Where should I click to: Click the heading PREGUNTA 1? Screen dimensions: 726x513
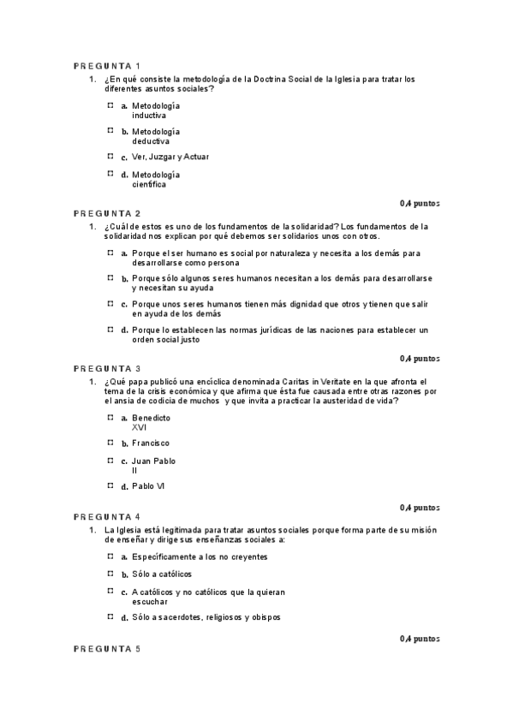point(107,66)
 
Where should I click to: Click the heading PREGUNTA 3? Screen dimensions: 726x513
point(107,369)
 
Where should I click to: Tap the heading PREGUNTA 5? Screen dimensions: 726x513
point(107,649)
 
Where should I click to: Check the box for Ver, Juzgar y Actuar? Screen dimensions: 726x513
point(110,157)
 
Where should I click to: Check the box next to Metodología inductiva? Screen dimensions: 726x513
point(110,105)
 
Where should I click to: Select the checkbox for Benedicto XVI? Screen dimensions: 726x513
point(110,417)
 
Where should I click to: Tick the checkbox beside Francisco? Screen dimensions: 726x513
point(110,443)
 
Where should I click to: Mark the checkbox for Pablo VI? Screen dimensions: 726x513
point(110,485)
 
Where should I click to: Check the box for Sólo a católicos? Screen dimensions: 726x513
point(110,573)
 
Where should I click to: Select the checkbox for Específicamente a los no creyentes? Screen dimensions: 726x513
point(110,556)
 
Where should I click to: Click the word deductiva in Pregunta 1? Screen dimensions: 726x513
point(151,140)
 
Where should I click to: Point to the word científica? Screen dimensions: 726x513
point(150,183)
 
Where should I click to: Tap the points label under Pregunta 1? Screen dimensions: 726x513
point(420,203)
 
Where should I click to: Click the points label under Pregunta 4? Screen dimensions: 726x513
point(420,638)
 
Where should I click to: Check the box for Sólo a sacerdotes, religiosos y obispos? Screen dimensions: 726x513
point(110,616)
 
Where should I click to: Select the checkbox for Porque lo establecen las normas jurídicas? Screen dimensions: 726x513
point(110,330)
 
